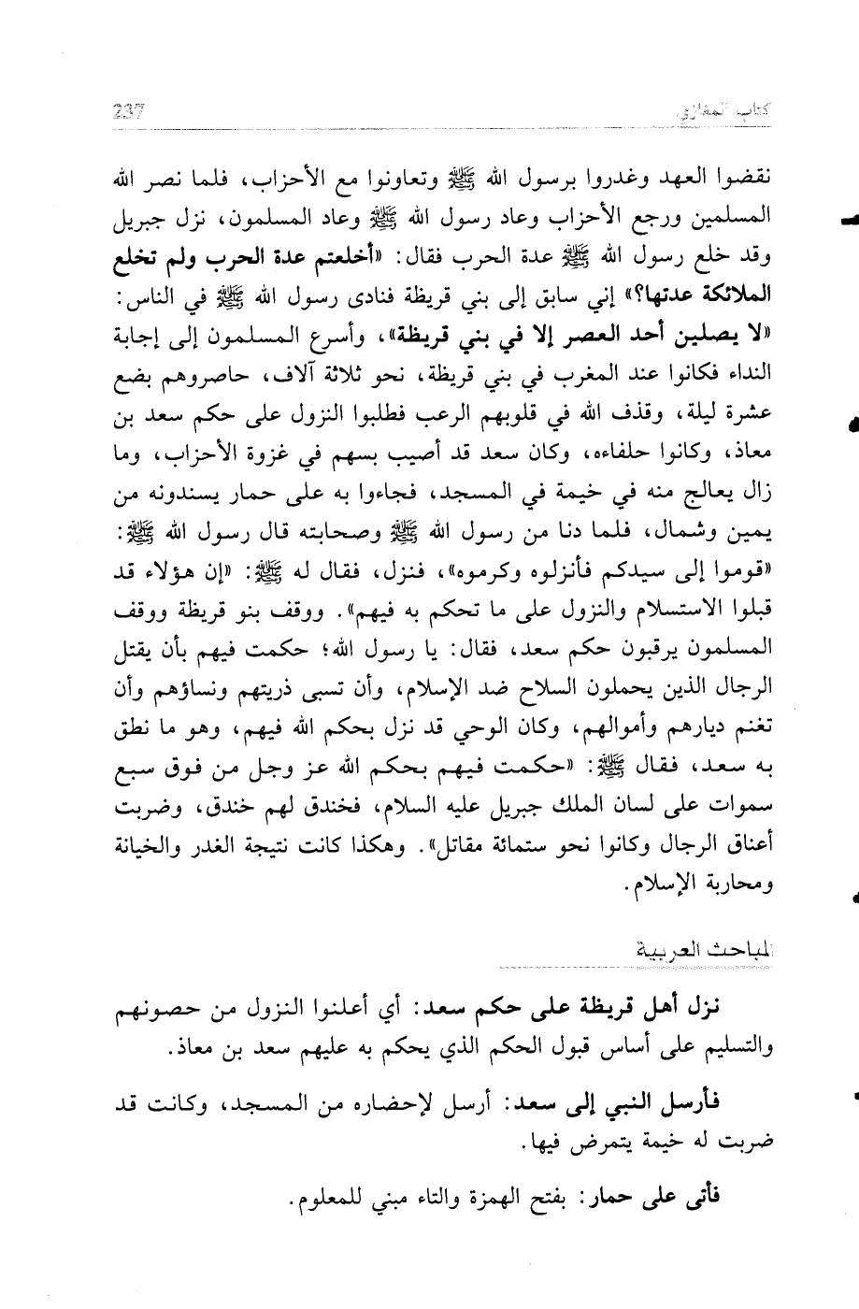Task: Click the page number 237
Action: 123,112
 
